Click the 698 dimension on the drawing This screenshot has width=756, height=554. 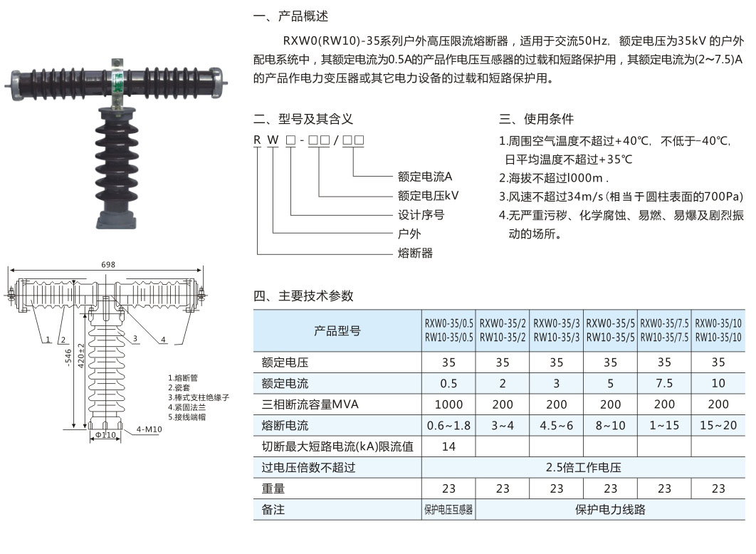tap(108, 265)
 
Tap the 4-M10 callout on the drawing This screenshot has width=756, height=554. tap(149, 429)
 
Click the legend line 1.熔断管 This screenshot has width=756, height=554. tap(182, 377)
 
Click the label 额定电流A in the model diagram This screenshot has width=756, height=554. tap(425, 176)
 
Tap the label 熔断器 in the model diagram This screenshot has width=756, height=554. tap(415, 253)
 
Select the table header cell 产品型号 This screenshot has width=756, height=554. tap(337, 331)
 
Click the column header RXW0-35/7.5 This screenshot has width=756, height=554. tap(664, 331)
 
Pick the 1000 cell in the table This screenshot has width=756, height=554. tap(448, 404)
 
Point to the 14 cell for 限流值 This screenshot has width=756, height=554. tap(448, 446)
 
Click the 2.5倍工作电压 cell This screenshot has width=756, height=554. tap(583, 468)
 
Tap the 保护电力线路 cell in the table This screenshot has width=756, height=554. tap(610, 510)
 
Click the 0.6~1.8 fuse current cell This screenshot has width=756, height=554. tap(448, 426)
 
